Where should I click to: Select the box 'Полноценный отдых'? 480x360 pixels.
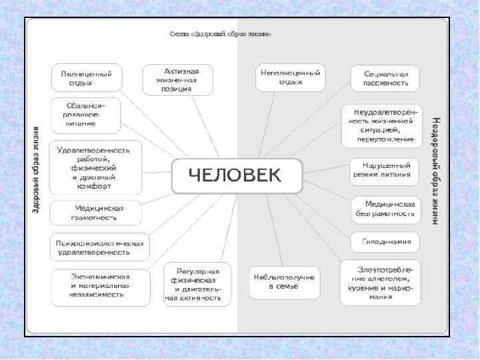point(87,79)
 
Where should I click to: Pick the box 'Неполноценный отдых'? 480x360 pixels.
point(291,77)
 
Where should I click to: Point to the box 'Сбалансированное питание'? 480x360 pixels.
point(86,115)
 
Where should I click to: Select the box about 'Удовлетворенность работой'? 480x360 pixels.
point(98,168)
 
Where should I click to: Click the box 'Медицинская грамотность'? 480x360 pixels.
point(97,212)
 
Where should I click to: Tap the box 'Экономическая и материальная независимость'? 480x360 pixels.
point(101,285)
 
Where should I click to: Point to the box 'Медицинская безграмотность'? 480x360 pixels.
point(385,209)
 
